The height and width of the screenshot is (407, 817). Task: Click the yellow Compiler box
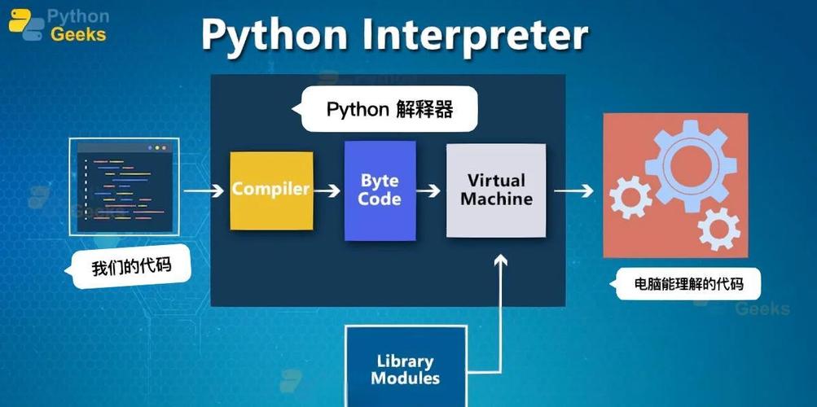pos(271,190)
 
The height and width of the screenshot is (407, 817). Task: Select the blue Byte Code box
pos(380,190)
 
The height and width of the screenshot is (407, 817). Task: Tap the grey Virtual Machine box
pos(495,190)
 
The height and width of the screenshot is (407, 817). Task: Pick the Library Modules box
pos(406,369)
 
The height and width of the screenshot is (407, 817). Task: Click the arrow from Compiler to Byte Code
pos(327,190)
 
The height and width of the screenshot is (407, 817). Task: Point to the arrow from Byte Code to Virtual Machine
pos(430,190)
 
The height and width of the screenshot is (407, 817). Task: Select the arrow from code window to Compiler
pos(204,190)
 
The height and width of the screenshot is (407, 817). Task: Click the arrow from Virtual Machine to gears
pos(574,191)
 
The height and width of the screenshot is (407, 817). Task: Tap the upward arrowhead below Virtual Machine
pos(501,260)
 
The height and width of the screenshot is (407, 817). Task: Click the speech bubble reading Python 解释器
pos(389,109)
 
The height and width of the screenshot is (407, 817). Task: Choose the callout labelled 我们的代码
pos(131,267)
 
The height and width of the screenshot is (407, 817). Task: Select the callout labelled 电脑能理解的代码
pos(688,284)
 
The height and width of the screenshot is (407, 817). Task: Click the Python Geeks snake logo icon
pos(25,25)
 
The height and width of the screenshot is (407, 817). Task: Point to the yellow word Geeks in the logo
pos(77,34)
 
